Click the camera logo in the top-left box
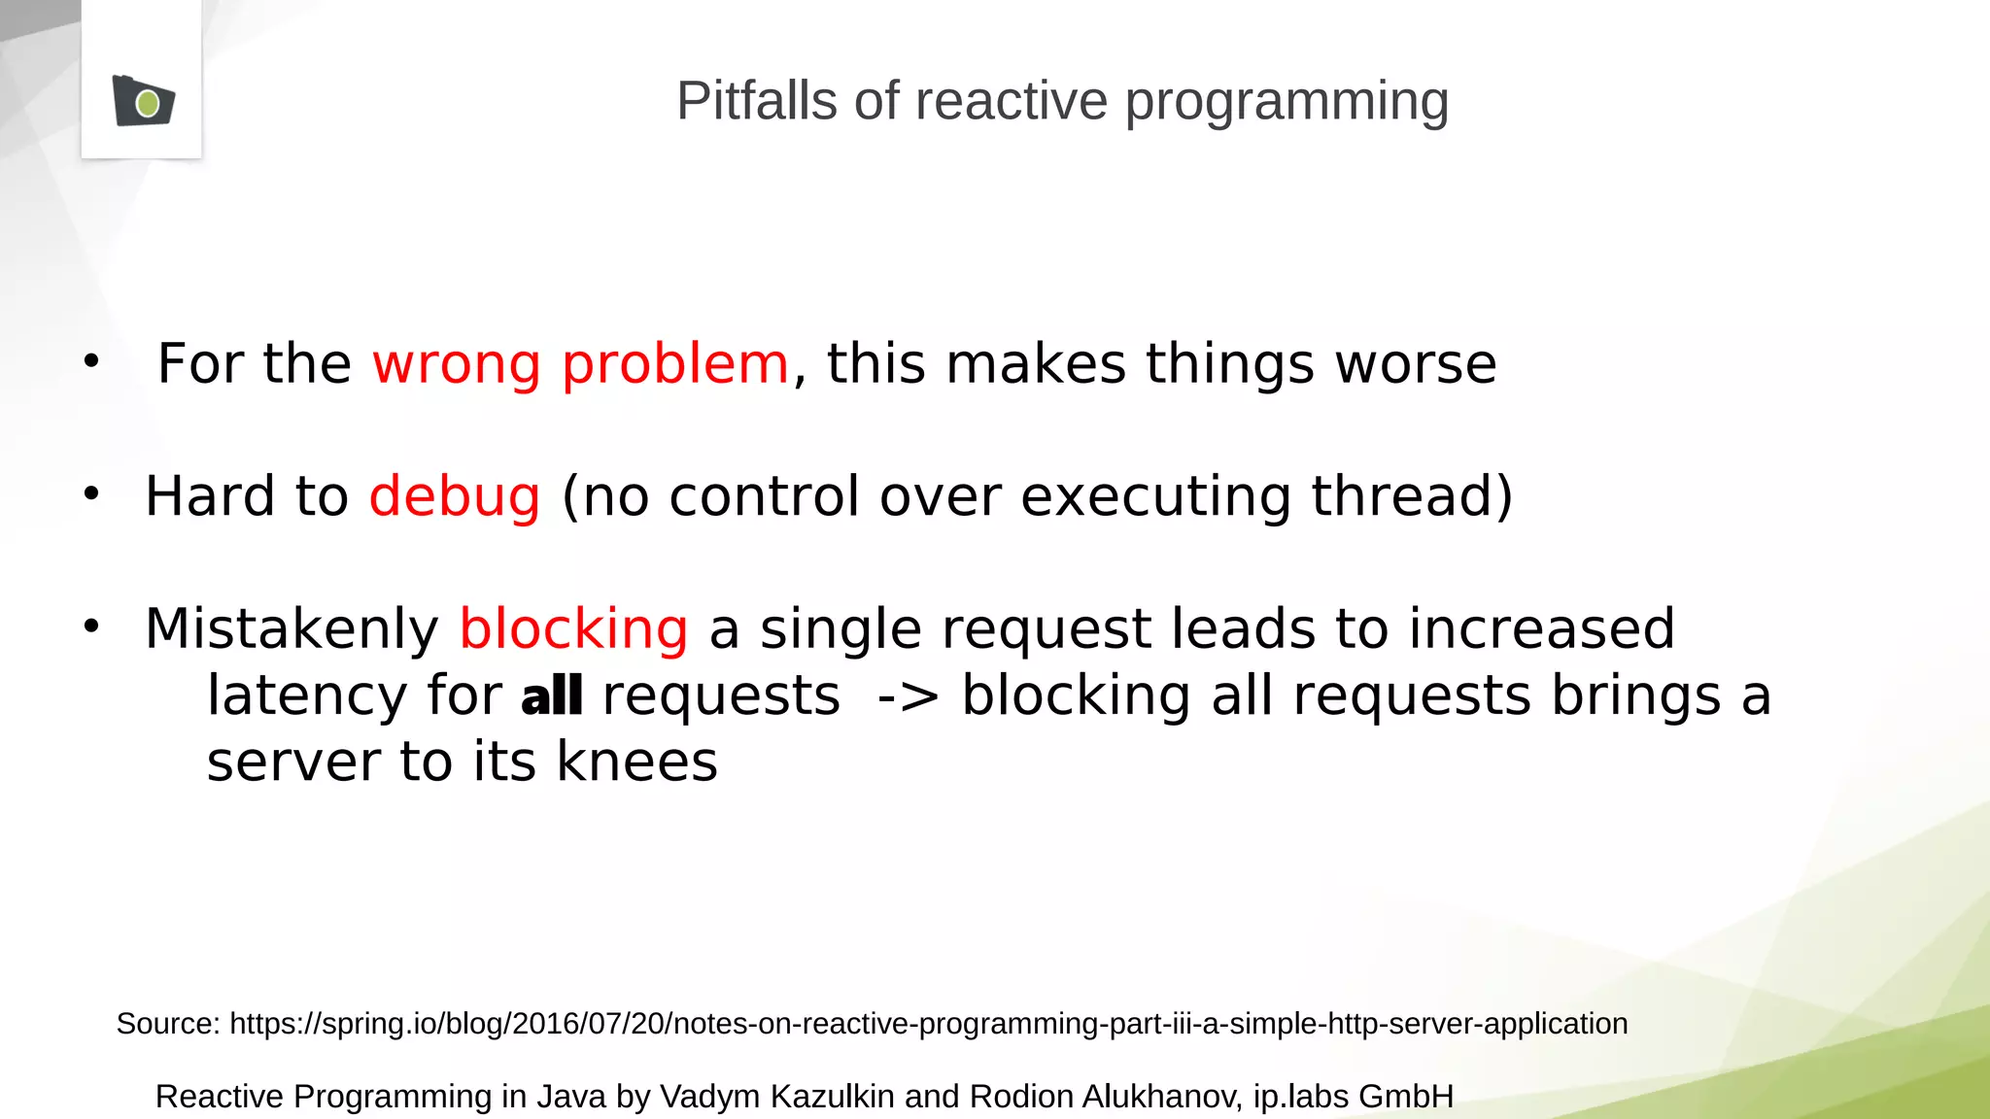pyautogui.click(x=144, y=101)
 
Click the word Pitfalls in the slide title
pyautogui.click(x=756, y=101)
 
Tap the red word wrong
pyautogui.click(x=456, y=364)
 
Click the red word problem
pyautogui.click(x=675, y=366)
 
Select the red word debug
pyautogui.click(x=454, y=497)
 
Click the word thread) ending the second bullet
pyautogui.click(x=1412, y=496)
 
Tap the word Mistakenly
pyautogui.click(x=292, y=629)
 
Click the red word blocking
pyautogui.click(x=573, y=629)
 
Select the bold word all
pyautogui.click(x=551, y=696)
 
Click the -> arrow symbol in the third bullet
pyautogui.click(x=908, y=697)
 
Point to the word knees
pyautogui.click(x=636, y=762)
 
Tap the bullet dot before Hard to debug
pyautogui.click(x=91, y=493)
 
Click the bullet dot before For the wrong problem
pyautogui.click(x=91, y=361)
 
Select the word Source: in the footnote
pyautogui.click(x=168, y=1024)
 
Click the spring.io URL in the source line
pyautogui.click(x=928, y=1024)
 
